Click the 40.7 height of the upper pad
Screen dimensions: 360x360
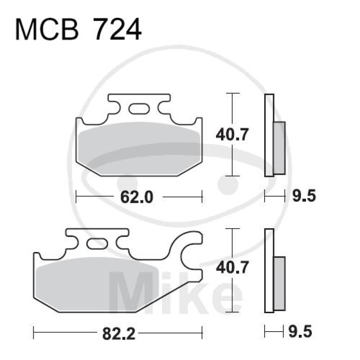coord(233,134)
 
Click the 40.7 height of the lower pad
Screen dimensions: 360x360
coord(233,269)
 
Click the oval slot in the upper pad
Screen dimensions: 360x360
coord(138,108)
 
